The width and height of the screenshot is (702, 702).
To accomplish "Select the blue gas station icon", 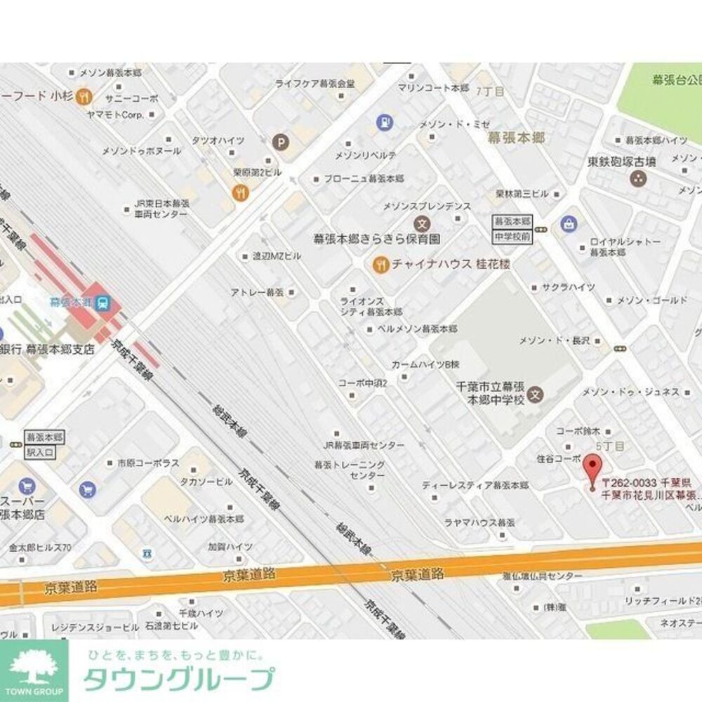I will tap(384, 121).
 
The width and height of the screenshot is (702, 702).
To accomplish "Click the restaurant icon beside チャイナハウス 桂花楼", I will tap(380, 265).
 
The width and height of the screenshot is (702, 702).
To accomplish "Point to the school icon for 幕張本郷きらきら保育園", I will tap(422, 225).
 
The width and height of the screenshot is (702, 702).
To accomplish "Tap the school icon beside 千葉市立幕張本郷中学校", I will tap(536, 393).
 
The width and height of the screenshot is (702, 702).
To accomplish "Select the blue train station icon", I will tap(102, 303).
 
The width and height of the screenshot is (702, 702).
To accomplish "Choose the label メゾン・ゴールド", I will tap(652, 300).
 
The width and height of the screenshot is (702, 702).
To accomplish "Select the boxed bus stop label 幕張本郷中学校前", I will tap(513, 229).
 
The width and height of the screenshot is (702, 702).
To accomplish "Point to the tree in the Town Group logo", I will tap(34, 665).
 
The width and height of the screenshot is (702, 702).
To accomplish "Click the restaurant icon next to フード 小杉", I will tap(84, 96).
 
